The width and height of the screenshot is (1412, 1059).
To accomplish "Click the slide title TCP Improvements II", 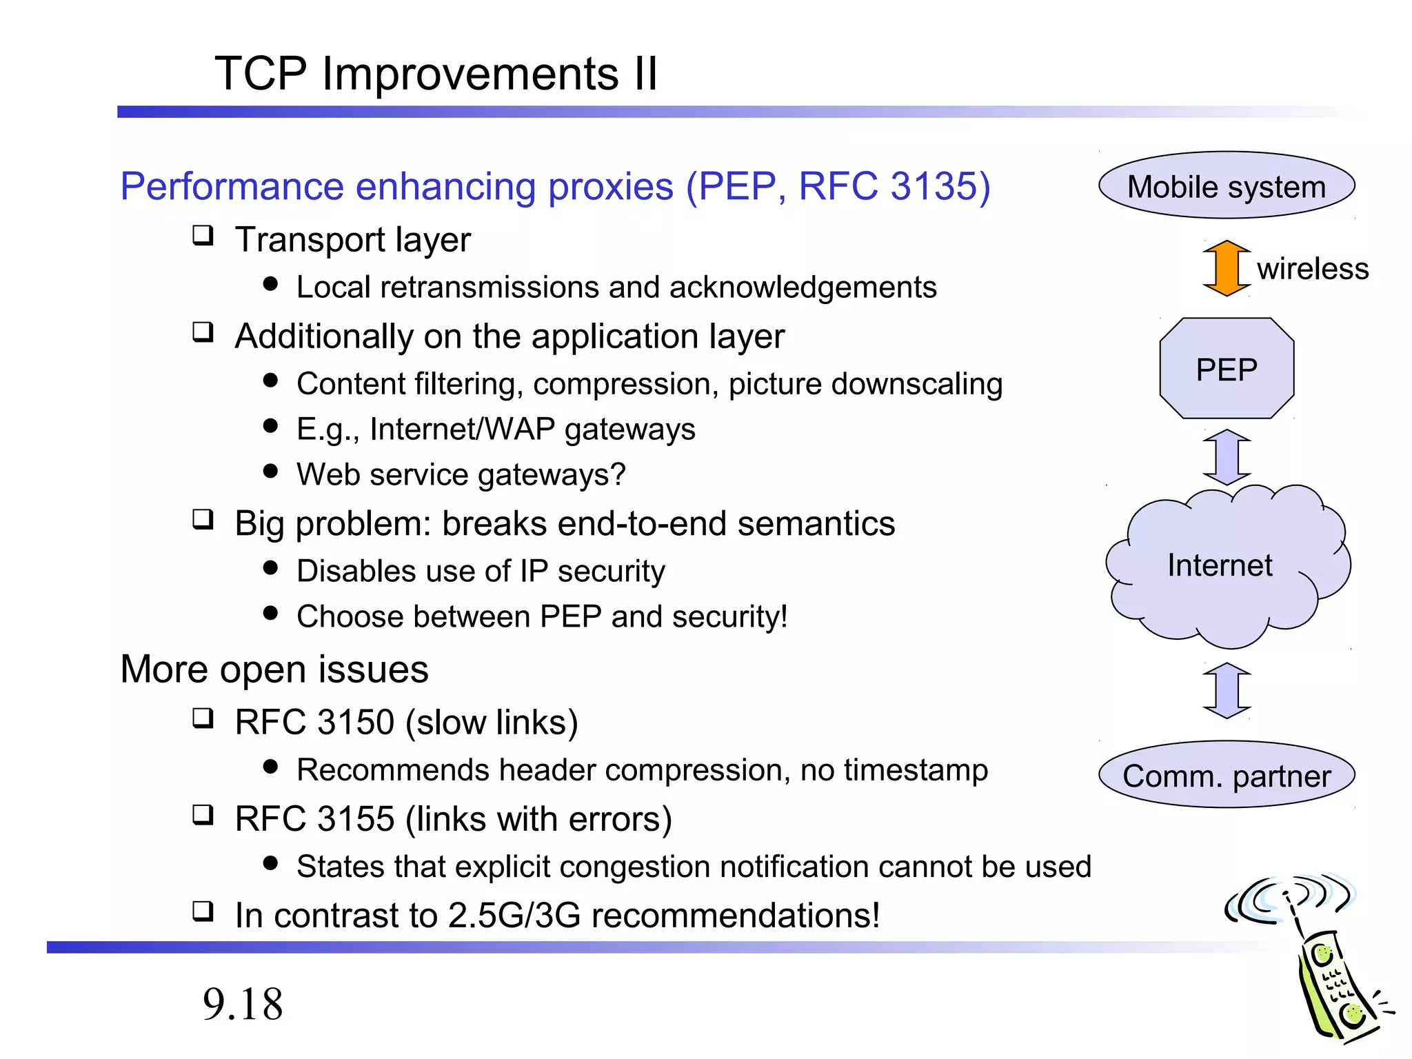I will pos(436,73).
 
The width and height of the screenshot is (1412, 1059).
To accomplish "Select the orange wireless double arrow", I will pos(1227,268).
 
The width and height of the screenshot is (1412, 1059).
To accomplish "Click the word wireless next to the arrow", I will pos(1312,269).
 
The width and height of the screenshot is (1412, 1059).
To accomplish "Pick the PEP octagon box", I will pos(1227,369).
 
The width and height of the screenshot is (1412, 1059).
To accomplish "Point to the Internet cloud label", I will pos(1219,565).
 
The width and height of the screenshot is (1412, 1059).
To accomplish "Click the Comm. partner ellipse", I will pos(1226,776).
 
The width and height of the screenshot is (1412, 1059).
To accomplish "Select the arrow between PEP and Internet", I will pos(1227,456).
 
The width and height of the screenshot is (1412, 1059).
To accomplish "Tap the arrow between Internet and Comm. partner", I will pos(1227,690).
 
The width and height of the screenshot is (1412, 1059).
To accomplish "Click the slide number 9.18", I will pos(243,1004).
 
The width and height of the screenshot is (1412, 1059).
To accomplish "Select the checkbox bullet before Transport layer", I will pos(203,236).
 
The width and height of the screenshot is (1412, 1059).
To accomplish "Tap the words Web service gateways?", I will pos(461,475).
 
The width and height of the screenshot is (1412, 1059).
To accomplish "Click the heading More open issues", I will pos(274,669).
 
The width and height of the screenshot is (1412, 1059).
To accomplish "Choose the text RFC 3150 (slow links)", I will pos(406,723).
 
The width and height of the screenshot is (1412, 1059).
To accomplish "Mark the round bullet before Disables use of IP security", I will pos(270,568).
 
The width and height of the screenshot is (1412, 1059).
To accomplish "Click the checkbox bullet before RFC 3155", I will pos(203,815).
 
